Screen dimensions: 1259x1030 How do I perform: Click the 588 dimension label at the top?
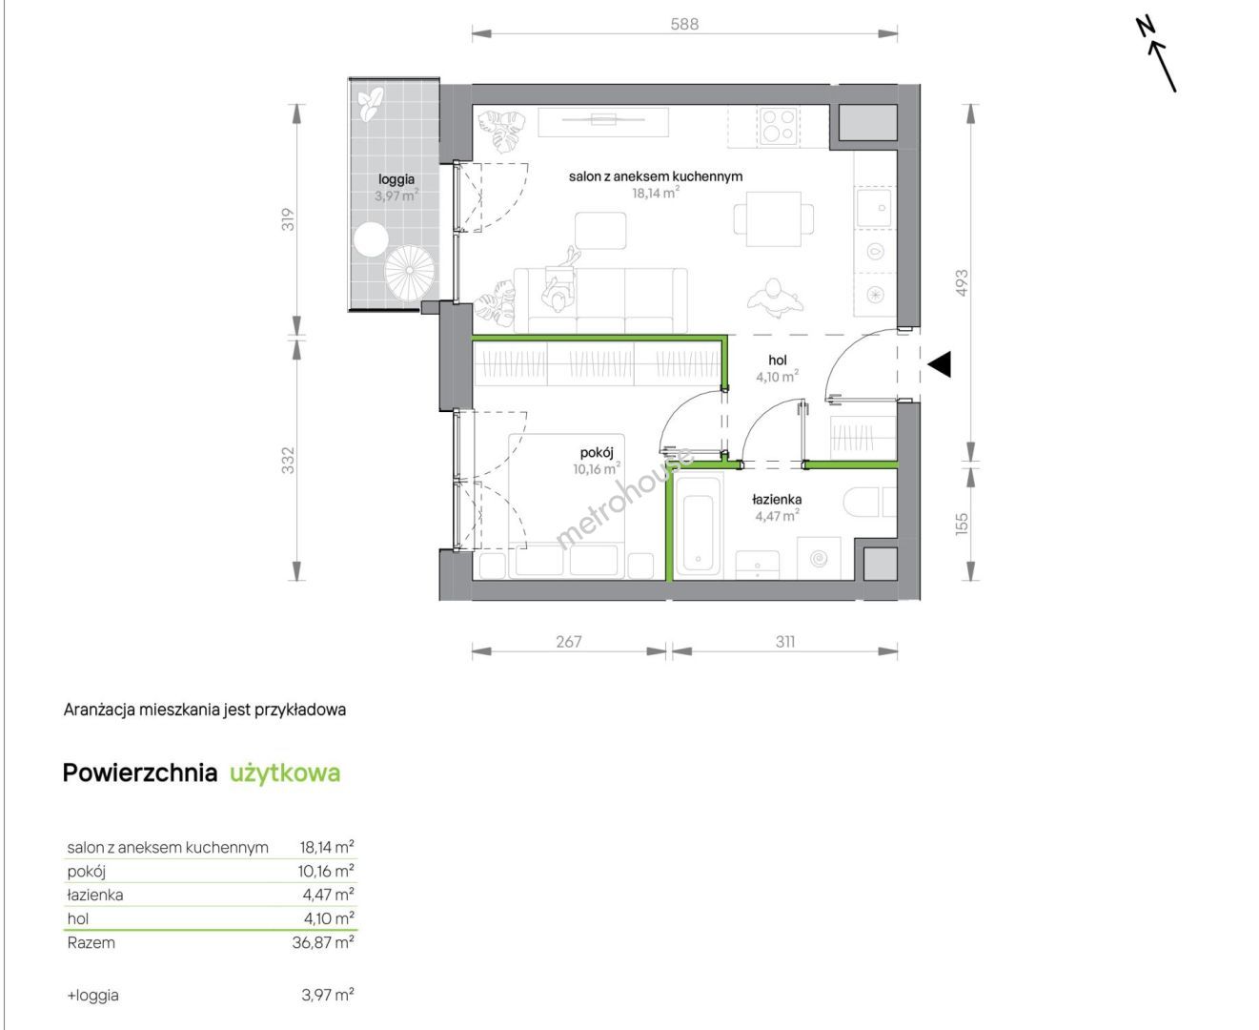pyautogui.click(x=684, y=24)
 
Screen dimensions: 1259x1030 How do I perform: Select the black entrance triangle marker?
pyautogui.click(x=939, y=364)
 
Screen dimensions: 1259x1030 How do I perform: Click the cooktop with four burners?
pyautogui.click(x=779, y=126)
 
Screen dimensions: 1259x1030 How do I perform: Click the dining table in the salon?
pyautogui.click(x=773, y=218)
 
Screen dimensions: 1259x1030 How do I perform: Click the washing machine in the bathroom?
pyautogui.click(x=819, y=558)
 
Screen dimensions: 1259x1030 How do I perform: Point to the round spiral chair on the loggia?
pyautogui.click(x=410, y=271)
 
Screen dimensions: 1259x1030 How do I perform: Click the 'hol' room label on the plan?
pyautogui.click(x=778, y=360)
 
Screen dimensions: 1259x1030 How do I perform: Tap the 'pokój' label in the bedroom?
pyautogui.click(x=597, y=452)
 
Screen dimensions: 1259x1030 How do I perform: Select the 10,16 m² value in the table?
pyautogui.click(x=326, y=871)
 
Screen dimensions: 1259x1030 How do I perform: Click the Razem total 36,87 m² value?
pyautogui.click(x=323, y=942)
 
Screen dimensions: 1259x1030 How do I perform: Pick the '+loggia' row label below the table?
pyautogui.click(x=93, y=995)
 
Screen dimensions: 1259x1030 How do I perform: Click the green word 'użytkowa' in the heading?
pyautogui.click(x=285, y=772)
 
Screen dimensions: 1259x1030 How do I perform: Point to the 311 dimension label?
pyautogui.click(x=785, y=642)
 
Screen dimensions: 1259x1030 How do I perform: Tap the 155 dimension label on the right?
pyautogui.click(x=961, y=524)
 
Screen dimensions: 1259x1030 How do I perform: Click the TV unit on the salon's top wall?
pyautogui.click(x=603, y=122)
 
